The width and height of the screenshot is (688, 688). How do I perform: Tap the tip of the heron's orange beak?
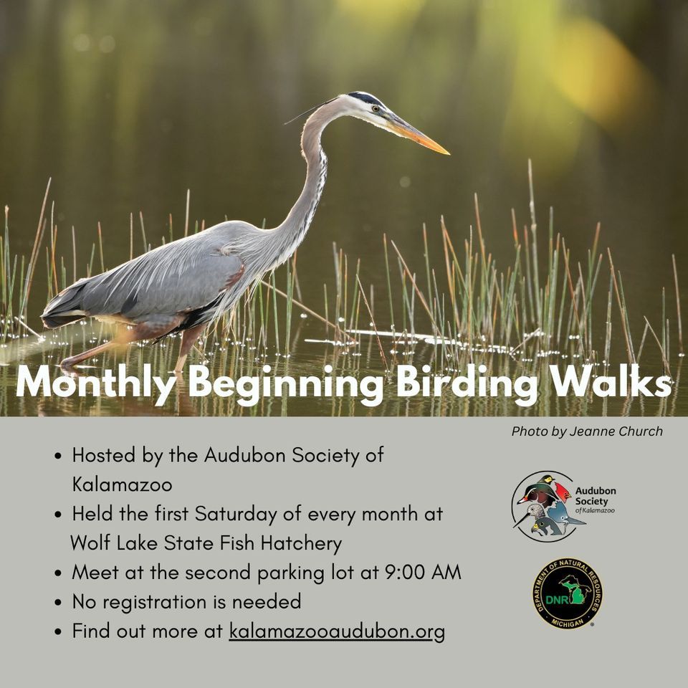[x=447, y=153]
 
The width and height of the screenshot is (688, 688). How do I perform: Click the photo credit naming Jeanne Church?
[x=587, y=431]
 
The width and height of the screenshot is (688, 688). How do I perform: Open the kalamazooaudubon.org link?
[x=337, y=631]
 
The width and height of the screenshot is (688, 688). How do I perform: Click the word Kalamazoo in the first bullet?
[x=122, y=484]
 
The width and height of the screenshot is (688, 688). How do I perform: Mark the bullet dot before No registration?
[x=58, y=603]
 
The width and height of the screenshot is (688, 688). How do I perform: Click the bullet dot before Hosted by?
[x=58, y=456]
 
